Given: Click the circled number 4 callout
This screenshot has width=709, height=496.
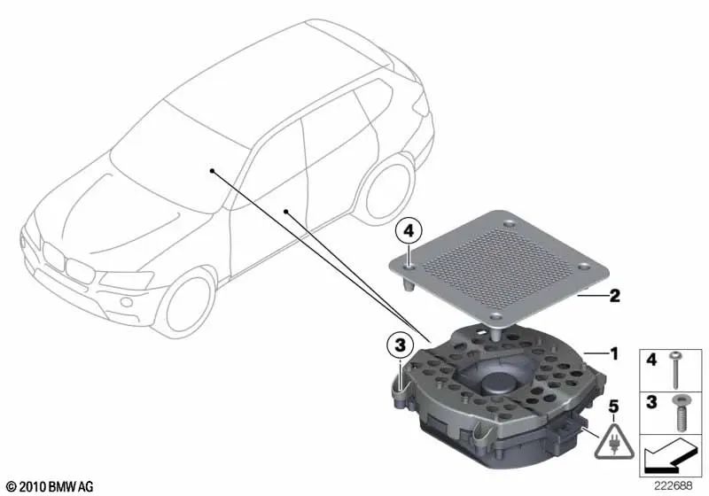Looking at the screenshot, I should (409, 232).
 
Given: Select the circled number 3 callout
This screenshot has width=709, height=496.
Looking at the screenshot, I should (401, 343).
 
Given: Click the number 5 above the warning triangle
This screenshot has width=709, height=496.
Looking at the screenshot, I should (611, 409).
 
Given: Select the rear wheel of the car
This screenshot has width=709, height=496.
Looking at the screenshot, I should (388, 192).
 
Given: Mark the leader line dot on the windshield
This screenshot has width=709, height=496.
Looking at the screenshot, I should (213, 168).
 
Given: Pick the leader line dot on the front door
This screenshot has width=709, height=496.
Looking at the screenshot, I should (286, 211).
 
